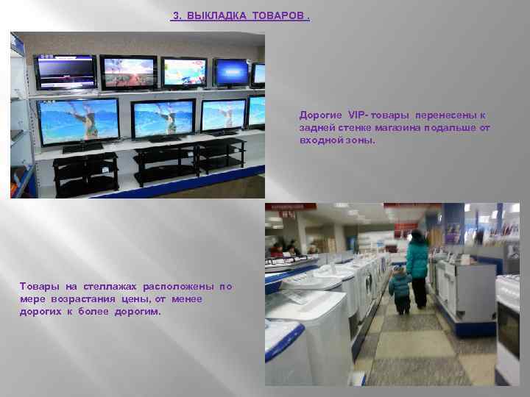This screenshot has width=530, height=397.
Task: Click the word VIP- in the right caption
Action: click(357, 115)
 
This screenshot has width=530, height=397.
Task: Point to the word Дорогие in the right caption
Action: click(321, 115)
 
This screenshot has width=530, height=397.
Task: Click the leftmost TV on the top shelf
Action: click(65, 71)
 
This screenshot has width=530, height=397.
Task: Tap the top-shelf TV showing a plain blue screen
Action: click(231, 72)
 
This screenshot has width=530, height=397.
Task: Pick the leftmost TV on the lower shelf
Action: click(78, 122)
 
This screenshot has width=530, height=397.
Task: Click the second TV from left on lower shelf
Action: click(163, 118)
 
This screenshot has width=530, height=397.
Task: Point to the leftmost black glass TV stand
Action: click(85, 173)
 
